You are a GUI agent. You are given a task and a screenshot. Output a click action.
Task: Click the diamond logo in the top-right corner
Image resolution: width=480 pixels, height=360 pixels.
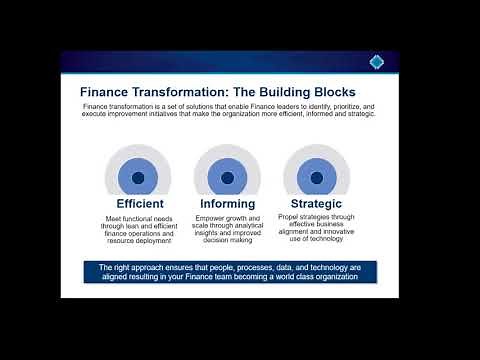[376, 62]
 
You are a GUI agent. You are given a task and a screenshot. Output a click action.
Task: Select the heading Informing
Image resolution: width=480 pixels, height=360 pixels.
[227, 205]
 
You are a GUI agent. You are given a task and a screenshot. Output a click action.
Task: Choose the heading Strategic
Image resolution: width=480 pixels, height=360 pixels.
[317, 205]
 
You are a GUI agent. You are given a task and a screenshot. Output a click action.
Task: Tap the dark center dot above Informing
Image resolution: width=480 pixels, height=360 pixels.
[227, 178]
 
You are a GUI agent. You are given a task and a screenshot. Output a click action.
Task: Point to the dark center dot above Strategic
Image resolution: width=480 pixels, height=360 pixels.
[317, 178]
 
